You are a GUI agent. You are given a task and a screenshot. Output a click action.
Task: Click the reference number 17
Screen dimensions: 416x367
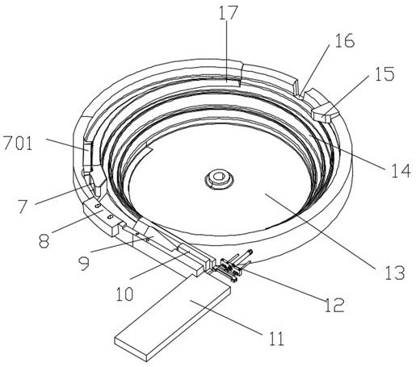coord(228,13)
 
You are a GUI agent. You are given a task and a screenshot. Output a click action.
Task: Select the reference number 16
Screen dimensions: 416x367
coord(344,40)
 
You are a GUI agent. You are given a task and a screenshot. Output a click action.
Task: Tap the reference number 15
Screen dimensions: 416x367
coord(384,74)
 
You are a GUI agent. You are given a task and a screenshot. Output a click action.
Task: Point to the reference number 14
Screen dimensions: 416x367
coord(401,170)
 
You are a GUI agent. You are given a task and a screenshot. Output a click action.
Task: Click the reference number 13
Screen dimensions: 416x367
coord(395,273)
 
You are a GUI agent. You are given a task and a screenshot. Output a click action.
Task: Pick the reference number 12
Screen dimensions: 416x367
coord(334,305)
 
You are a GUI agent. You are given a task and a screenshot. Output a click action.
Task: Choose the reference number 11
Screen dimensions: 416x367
coord(276,339)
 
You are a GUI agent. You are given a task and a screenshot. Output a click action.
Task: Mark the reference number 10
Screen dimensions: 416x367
coord(124,294)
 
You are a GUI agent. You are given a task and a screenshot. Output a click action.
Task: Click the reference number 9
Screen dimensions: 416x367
coord(84,264)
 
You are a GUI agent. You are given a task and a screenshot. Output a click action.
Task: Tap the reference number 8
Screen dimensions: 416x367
coord(44,241)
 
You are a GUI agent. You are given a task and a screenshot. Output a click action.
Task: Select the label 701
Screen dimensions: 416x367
coord(18,144)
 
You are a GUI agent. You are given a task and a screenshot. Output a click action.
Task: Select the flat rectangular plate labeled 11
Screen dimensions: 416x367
coord(173,323)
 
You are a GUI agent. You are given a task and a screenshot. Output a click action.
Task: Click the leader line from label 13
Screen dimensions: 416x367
coord(321,231)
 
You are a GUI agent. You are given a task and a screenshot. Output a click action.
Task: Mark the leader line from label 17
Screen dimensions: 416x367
coord(227,51)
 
